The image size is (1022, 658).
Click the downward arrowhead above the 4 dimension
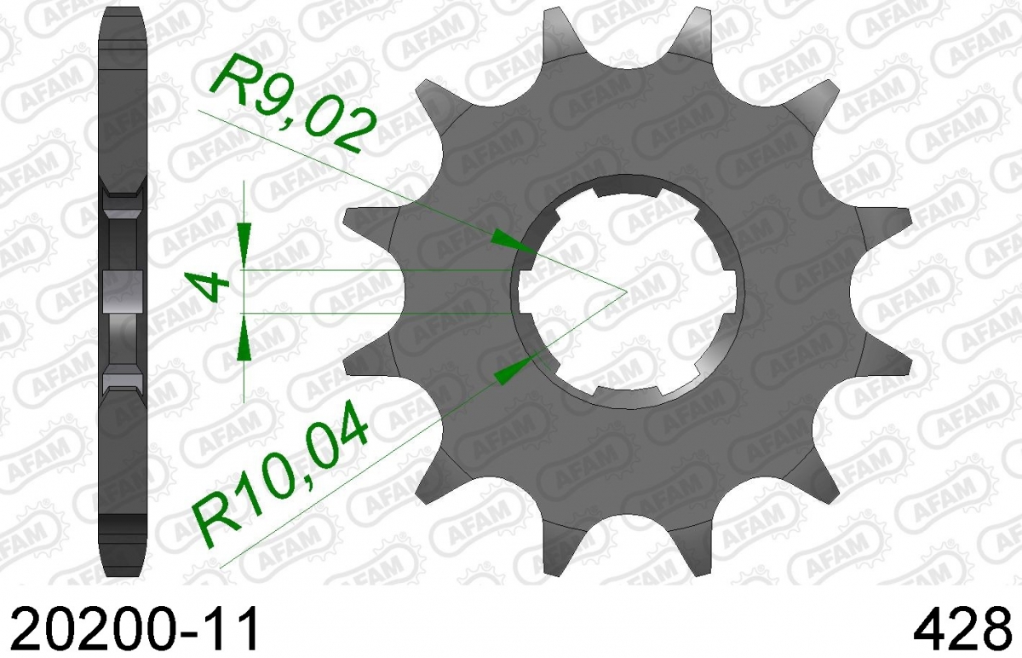(x=244, y=245)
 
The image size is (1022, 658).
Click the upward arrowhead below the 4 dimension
(x=244, y=338)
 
